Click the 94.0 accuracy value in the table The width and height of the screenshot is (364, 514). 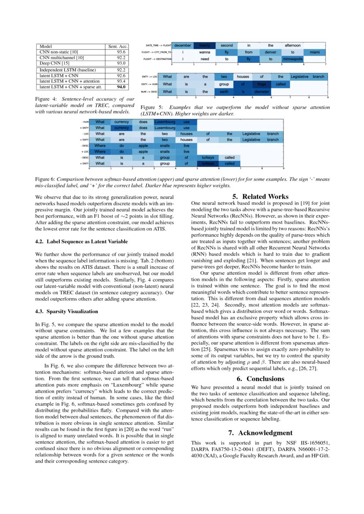[121, 87]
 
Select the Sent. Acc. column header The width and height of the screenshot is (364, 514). [118, 46]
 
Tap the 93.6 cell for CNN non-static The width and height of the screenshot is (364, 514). [121, 52]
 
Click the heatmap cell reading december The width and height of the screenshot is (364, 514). [183, 45]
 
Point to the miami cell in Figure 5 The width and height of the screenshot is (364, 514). [315, 52]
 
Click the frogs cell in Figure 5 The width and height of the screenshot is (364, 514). [262, 84]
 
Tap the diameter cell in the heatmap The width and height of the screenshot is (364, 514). [261, 91]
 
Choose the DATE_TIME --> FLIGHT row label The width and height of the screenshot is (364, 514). [158, 45]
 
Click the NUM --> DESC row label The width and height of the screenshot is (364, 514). [150, 91]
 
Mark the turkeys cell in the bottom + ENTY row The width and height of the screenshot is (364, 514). [208, 163]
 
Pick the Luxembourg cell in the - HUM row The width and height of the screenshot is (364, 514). [165, 121]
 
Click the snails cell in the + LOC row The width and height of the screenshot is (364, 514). [165, 151]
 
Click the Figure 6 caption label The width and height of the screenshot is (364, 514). [44, 179]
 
